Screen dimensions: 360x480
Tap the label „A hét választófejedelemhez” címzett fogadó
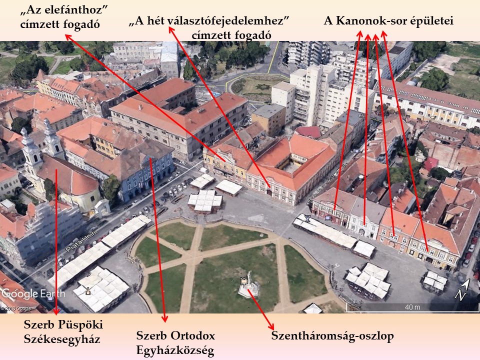coord(210,28)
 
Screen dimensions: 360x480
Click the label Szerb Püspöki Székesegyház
coord(62,331)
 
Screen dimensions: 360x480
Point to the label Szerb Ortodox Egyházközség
coord(175,343)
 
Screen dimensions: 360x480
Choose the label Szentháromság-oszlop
coord(332,335)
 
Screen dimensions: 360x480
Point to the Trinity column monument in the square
coord(248,286)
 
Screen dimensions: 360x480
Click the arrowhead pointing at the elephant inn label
coord(67,36)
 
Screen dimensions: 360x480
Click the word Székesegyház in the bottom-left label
coord(62,339)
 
